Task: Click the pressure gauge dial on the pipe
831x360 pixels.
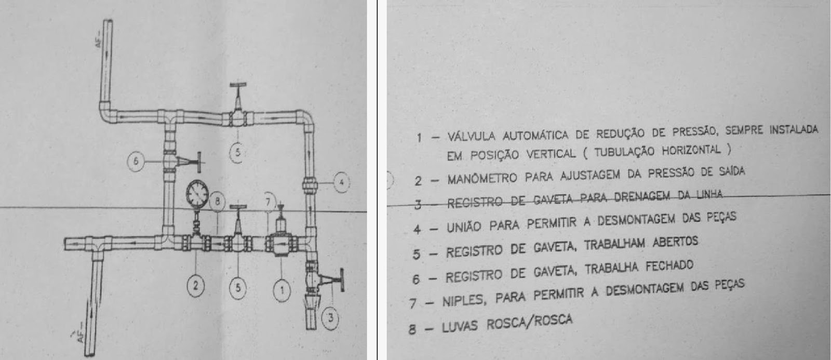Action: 196,194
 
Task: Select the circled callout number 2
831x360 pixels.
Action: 196,285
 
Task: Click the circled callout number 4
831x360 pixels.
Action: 341,182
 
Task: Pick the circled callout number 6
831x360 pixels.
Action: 137,162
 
